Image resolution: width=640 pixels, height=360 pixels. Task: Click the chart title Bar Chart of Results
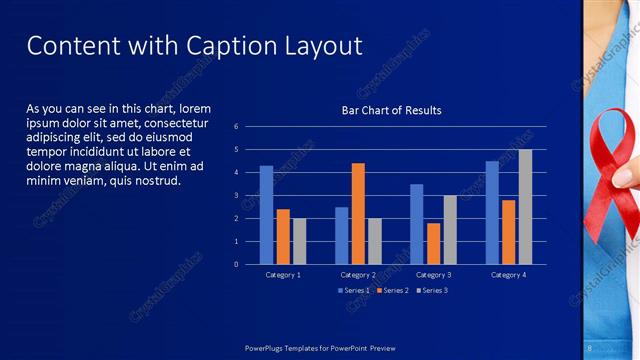[x=391, y=110]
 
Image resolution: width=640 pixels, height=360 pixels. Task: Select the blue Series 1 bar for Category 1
[x=266, y=214]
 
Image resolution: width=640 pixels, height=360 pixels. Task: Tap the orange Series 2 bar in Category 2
[x=358, y=213]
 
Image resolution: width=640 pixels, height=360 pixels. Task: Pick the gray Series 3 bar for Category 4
[x=525, y=206]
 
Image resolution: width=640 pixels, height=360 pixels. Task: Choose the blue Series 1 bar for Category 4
[x=492, y=212]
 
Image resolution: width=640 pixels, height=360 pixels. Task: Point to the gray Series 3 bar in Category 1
[x=300, y=241]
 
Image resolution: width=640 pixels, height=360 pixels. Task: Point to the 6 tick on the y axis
[x=236, y=127]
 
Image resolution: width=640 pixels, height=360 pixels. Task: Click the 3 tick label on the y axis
[x=236, y=195]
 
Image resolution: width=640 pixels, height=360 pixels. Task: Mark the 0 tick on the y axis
[x=236, y=264]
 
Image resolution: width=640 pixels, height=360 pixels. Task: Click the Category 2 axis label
[x=358, y=274]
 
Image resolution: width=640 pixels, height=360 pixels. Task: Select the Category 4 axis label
[x=508, y=274]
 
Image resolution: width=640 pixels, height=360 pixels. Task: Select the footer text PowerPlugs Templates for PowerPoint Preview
[x=321, y=347]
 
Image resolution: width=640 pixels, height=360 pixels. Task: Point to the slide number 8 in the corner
[x=590, y=347]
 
